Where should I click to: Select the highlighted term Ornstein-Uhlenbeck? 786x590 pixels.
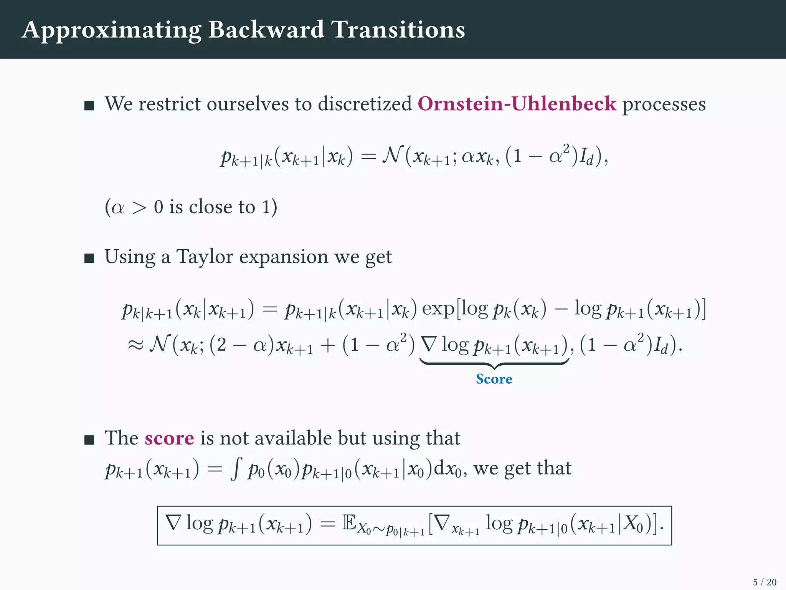[517, 104]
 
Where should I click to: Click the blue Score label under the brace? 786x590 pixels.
[494, 379]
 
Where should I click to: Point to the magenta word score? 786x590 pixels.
[169, 438]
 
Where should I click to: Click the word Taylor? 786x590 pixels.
[205, 257]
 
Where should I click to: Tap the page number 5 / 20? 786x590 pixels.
[765, 582]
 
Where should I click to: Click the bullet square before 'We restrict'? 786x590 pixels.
[89, 106]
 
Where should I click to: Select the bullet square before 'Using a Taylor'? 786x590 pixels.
[89, 259]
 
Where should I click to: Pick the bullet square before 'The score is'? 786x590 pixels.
[89, 440]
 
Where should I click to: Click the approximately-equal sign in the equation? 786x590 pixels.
[135, 345]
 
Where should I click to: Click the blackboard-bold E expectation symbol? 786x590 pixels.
[349, 523]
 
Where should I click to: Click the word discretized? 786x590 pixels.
[365, 104]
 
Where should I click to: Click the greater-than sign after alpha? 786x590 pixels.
[139, 208]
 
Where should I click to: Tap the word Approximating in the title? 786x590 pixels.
[111, 30]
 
